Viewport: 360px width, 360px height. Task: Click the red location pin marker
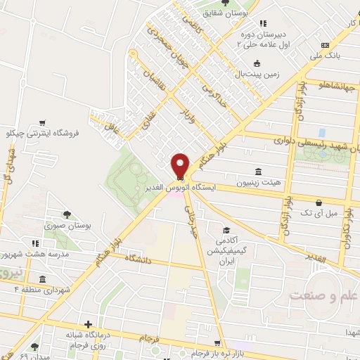(180, 165)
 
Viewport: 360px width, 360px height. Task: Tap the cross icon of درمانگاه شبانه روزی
(87, 325)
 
